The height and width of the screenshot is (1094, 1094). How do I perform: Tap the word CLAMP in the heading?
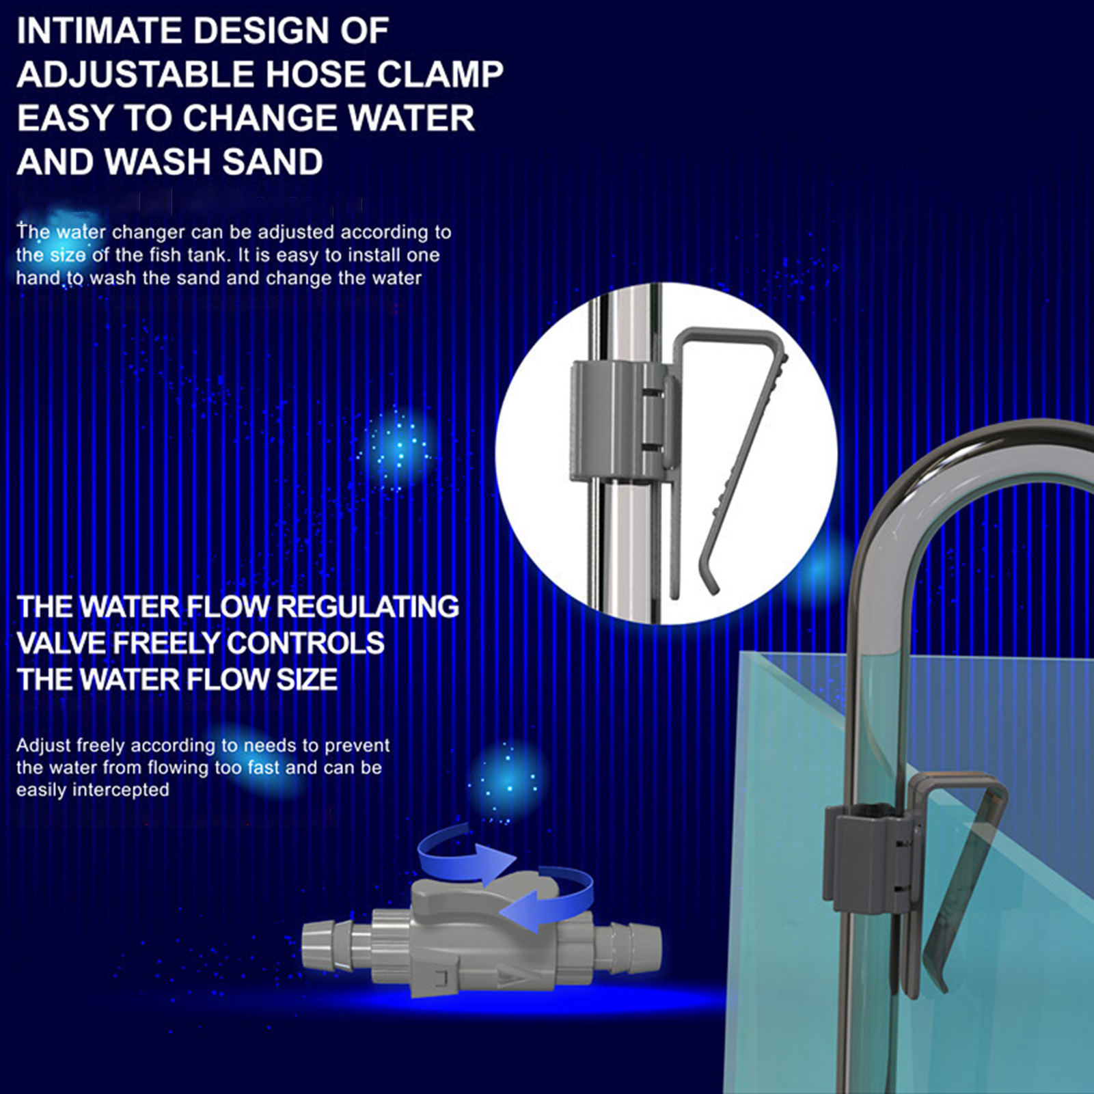(x=440, y=74)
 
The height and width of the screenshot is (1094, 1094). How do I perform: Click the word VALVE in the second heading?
(x=61, y=643)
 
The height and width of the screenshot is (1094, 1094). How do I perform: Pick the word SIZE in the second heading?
(x=306, y=679)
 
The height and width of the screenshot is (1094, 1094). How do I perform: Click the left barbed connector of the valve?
(x=328, y=944)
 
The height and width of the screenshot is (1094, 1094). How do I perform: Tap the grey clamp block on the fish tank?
(x=868, y=859)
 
